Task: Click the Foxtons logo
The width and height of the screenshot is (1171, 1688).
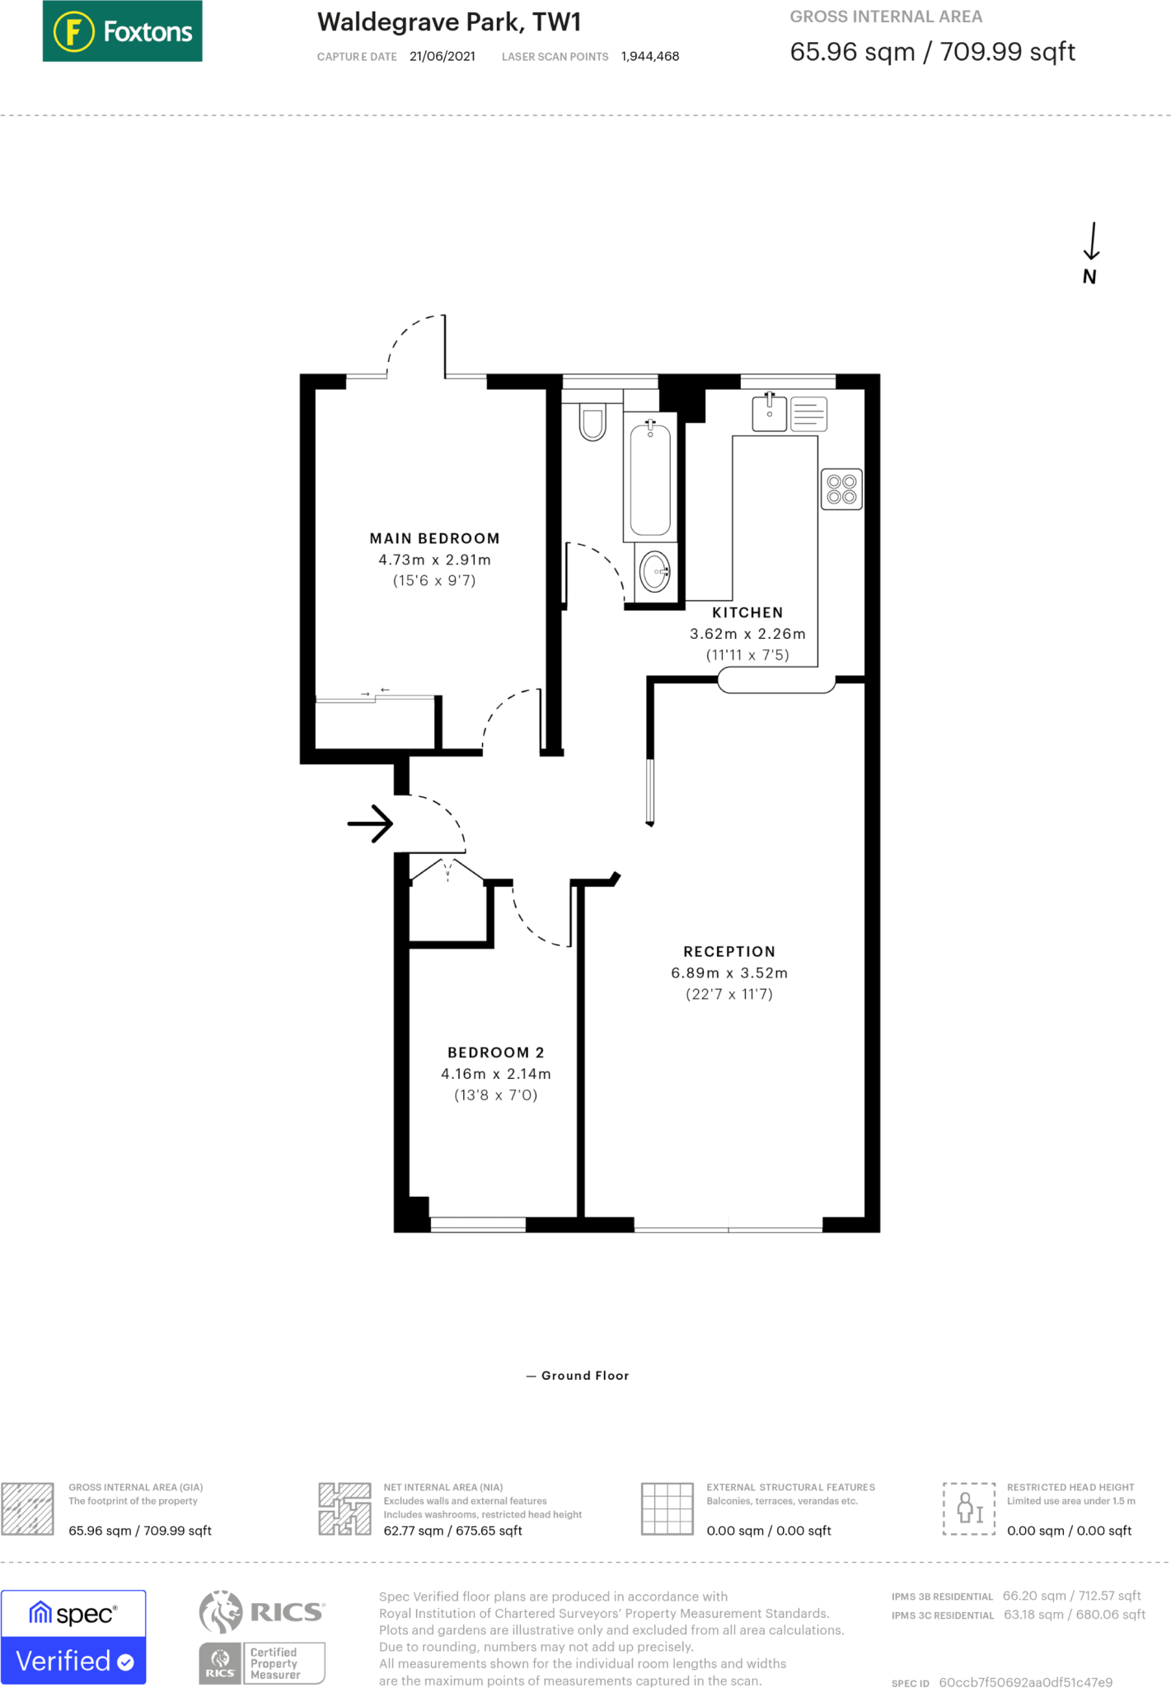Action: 122,31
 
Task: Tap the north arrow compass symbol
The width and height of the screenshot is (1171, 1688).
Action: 1091,253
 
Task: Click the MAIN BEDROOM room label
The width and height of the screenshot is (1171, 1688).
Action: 434,538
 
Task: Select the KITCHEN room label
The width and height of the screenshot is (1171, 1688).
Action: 747,612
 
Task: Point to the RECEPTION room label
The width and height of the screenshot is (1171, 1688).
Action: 729,951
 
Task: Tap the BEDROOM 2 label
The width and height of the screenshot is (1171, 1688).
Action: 495,1053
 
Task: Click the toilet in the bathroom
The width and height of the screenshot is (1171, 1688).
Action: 593,421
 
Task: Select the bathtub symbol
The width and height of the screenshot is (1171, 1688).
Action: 650,477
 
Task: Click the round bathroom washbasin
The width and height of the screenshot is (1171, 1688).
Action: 655,571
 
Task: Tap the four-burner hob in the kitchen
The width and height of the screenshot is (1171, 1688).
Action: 841,490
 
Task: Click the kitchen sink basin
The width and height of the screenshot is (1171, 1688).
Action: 769,412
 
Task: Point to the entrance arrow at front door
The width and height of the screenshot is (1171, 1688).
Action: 370,823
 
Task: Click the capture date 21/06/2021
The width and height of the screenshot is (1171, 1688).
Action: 443,56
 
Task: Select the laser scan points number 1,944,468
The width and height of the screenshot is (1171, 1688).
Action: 650,56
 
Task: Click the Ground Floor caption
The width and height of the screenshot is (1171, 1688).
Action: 585,1376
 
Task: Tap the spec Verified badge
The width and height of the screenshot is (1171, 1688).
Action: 73,1637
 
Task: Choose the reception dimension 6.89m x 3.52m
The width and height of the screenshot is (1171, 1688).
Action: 729,973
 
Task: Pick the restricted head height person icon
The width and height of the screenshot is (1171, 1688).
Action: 969,1508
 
